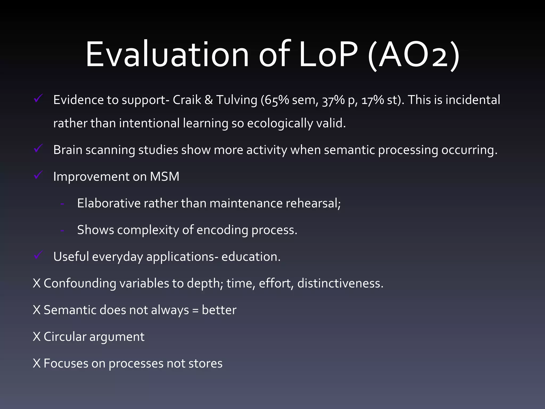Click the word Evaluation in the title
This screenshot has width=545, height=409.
167,55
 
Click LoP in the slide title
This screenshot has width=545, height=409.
328,55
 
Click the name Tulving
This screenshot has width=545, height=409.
237,100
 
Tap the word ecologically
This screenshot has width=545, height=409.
280,124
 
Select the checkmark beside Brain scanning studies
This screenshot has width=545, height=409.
38,148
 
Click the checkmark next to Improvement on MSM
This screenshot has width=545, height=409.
38,175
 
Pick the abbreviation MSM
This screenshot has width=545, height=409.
164,177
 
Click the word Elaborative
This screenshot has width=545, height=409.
109,203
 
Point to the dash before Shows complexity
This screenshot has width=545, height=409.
62,231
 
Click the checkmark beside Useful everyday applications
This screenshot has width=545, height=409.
38,255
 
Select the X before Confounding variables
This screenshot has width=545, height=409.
37,283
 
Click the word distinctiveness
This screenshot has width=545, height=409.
340,283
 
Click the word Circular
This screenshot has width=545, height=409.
65,337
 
